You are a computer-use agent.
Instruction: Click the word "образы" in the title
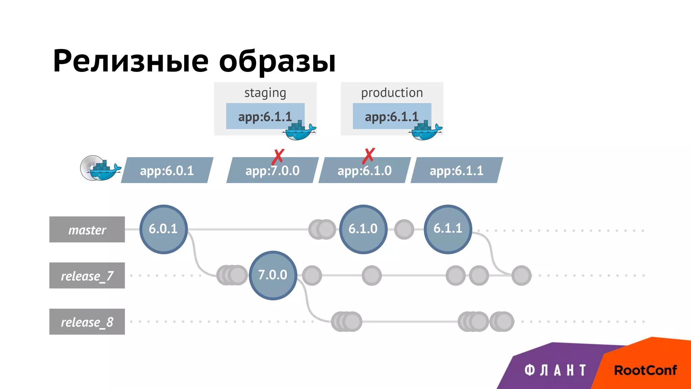tap(277, 62)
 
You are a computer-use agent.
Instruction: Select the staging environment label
tap(265, 93)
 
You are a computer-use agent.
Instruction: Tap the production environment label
tap(392, 93)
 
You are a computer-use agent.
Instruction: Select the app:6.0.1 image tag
tap(167, 171)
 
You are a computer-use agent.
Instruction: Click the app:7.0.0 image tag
tap(272, 171)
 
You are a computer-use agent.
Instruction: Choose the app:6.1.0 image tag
tap(364, 171)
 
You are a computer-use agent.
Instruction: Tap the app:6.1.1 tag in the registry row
tap(457, 171)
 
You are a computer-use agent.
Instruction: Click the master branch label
tap(87, 230)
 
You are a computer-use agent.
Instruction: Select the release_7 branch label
tap(87, 276)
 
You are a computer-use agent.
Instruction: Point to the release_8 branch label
tap(87, 322)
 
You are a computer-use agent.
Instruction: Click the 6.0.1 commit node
tap(164, 229)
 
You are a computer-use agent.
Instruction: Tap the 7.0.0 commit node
tap(273, 275)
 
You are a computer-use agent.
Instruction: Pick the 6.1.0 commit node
tap(363, 229)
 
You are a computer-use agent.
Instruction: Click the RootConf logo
tap(645, 370)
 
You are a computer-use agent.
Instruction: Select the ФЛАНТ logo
tap(555, 370)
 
